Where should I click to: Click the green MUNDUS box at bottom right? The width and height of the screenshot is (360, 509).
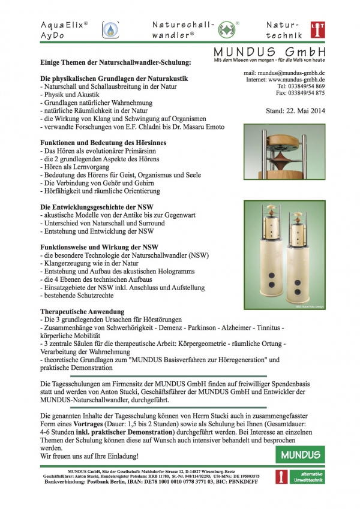[299, 454]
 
